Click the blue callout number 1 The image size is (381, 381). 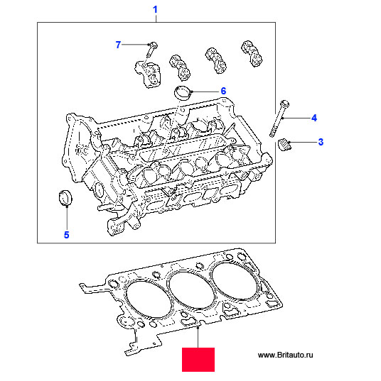[155, 9]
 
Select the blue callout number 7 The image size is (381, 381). [118, 45]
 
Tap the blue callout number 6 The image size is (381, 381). [223, 91]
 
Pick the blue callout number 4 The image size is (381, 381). [314, 118]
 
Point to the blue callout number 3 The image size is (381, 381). [321, 142]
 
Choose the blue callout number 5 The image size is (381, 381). [67, 235]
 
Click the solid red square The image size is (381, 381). [198, 360]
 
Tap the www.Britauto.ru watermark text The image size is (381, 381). [285, 355]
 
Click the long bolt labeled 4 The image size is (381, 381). [279, 118]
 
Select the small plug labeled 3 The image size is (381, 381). [284, 144]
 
